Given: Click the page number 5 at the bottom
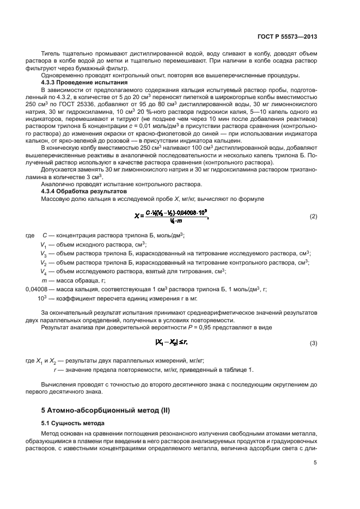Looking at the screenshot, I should (x=315, y=463).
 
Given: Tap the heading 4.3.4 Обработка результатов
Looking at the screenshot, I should (x=76, y=192).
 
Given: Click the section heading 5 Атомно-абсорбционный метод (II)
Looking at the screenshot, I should (x=106, y=409).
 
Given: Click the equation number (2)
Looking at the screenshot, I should (x=313, y=217).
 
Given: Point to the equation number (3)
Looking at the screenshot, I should (x=313, y=343).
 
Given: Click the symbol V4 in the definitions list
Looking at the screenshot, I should (x=44, y=271).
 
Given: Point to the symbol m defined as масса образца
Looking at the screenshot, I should (x=44, y=281).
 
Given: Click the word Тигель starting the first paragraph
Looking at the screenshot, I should (x=51, y=53).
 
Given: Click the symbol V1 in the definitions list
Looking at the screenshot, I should (x=44, y=244).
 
